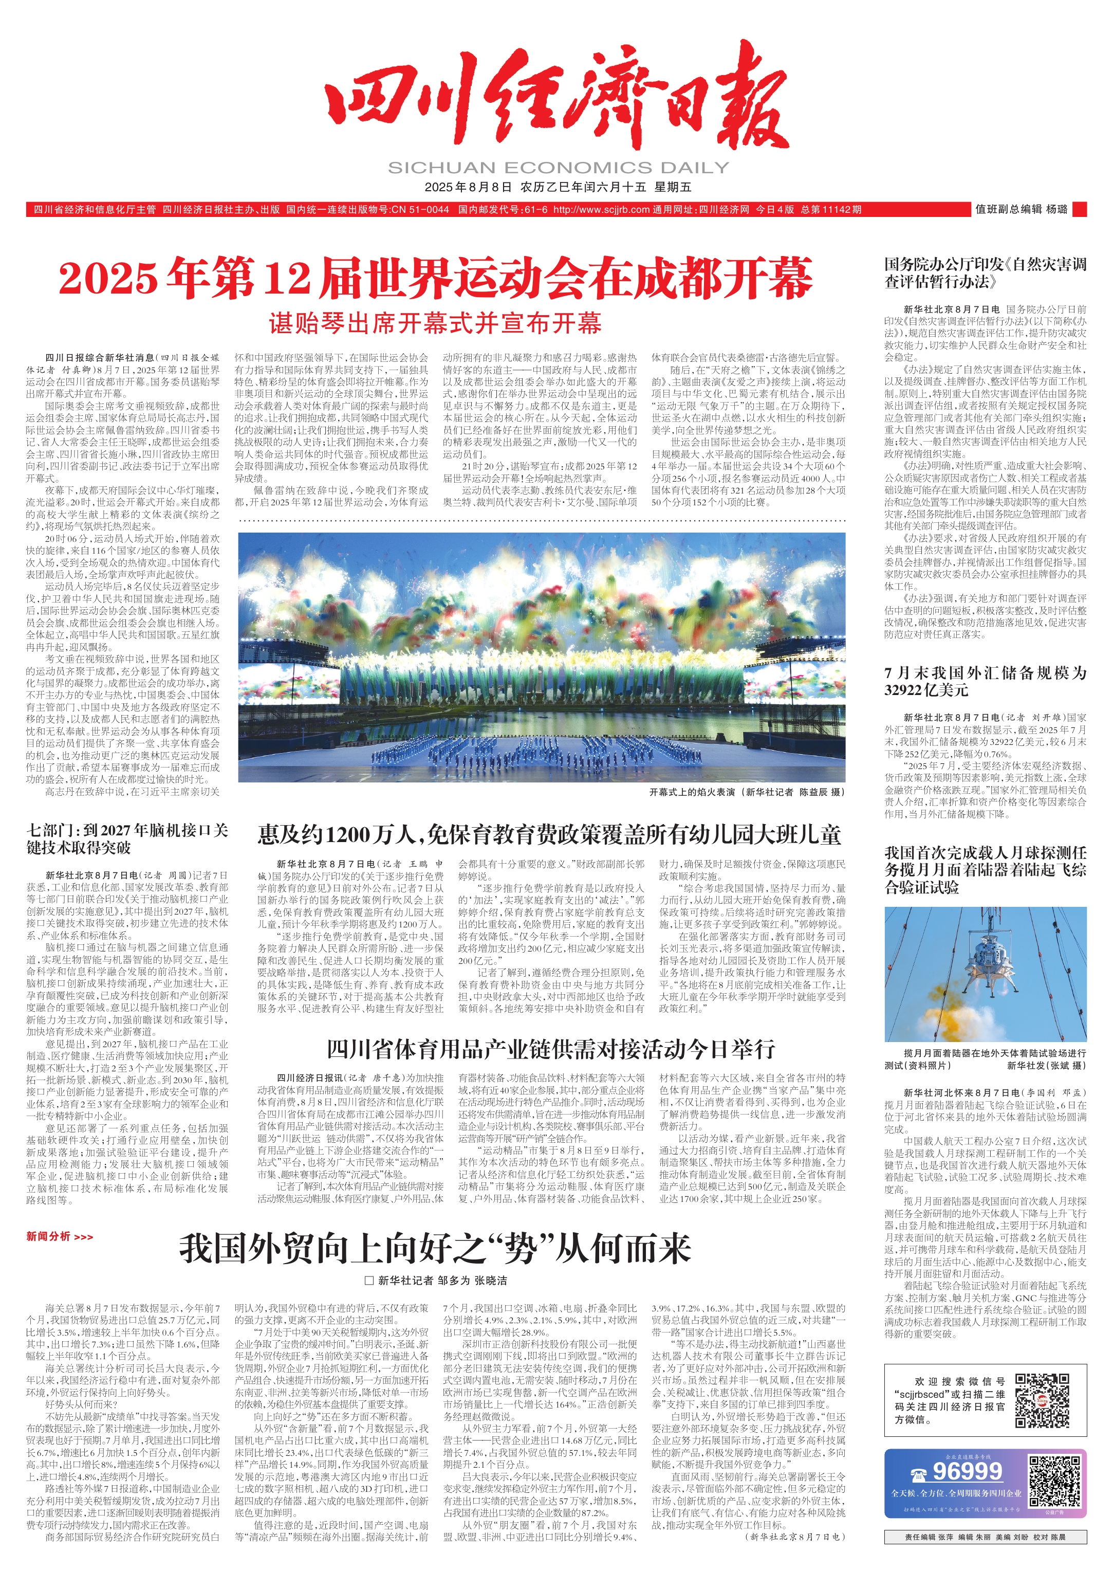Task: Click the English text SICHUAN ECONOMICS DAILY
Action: pyautogui.click(x=558, y=167)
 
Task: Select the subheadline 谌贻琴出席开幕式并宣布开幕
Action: pyautogui.click(x=435, y=323)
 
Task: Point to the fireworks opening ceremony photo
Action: pyautogui.click(x=542, y=657)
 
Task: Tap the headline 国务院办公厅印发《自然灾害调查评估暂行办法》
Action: pyautogui.click(x=985, y=273)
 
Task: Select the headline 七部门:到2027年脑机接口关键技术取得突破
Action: pyautogui.click(x=127, y=838)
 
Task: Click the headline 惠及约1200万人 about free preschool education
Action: pyautogui.click(x=549, y=834)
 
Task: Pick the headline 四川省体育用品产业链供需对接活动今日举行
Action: pyautogui.click(x=550, y=1048)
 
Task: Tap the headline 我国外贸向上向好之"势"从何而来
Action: pyautogui.click(x=435, y=1249)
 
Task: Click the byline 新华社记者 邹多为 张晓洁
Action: pyautogui.click(x=442, y=1280)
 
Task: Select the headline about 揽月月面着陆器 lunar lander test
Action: pyautogui.click(x=985, y=870)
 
